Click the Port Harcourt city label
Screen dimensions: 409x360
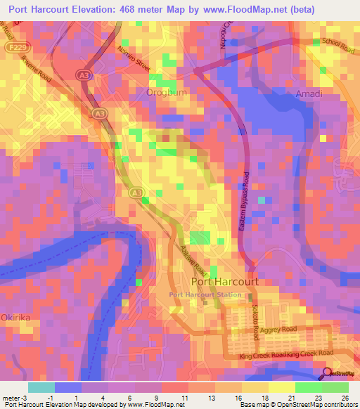(x=219, y=281)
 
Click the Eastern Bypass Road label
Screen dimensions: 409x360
(x=245, y=198)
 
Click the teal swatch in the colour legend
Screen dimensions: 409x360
(x=41, y=387)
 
